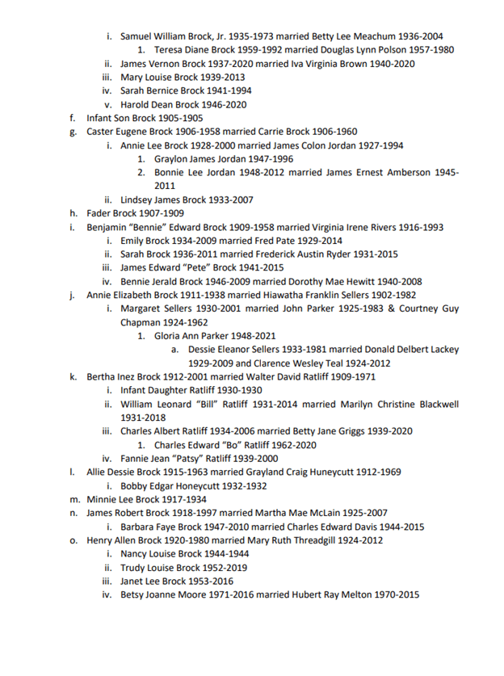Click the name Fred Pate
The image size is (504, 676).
pos(275,241)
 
